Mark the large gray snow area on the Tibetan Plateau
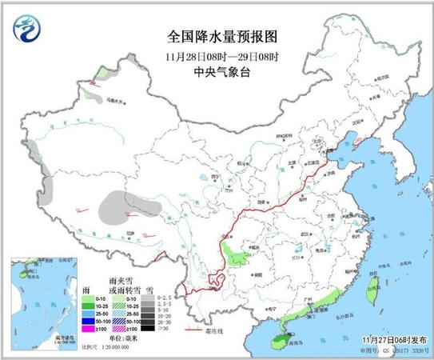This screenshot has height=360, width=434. click(120, 206)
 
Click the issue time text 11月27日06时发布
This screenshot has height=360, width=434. click(395, 339)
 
